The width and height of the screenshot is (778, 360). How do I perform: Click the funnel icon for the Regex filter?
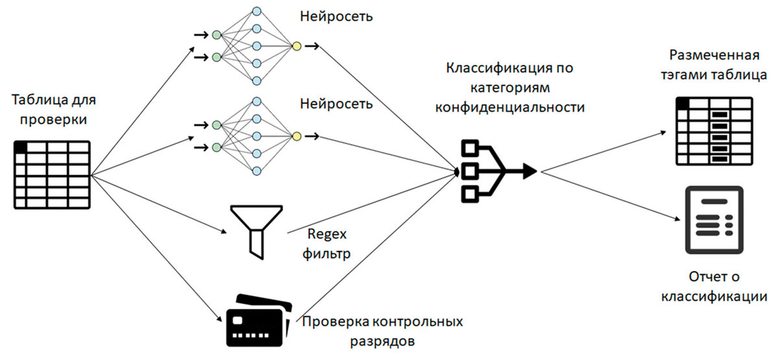pos(256,232)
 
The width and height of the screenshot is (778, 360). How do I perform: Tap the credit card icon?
pos(259,320)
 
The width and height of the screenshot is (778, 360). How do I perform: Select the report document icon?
pos(714,220)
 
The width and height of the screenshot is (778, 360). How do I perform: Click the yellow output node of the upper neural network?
pos(297,46)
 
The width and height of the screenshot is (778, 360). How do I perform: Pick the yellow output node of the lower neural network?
pos(297,136)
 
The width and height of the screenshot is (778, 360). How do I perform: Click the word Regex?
pos(327,235)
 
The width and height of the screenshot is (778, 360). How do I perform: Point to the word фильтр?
pos(327,254)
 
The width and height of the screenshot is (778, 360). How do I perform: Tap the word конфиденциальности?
pos(510,107)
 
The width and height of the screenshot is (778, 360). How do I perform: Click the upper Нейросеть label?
pos(336,17)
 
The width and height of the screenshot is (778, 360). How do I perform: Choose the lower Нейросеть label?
pos(336,104)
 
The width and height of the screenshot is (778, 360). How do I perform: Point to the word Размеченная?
pos(714,56)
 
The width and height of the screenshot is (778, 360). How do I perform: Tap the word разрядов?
pos(383,342)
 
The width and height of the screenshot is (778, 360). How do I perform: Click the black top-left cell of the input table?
pos(21,147)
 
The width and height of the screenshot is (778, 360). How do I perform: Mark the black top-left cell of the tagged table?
pos(683,103)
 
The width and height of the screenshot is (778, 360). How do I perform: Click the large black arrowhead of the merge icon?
pos(530,171)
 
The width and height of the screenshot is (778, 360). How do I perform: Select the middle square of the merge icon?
pos(469,171)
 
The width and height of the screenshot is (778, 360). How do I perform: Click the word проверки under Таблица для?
pos(53,120)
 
